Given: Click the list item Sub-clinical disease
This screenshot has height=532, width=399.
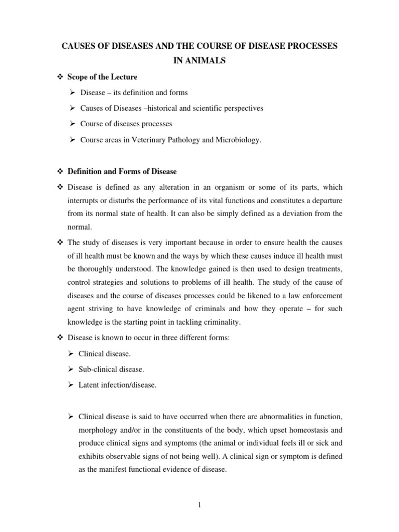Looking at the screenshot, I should tap(111, 369).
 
